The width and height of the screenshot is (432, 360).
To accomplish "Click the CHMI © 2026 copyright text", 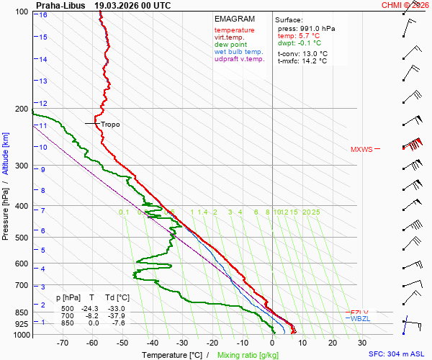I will pyautogui.click(x=405, y=4).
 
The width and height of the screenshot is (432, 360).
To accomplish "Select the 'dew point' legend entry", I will pyautogui.click(x=230, y=45).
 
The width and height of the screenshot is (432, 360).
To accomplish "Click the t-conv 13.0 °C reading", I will pyautogui.click(x=302, y=53).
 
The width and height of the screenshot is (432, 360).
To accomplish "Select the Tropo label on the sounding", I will pyautogui.click(x=110, y=125).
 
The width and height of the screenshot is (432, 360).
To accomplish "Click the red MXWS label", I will pyautogui.click(x=361, y=150).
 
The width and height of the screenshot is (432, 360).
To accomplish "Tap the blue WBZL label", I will pyautogui.click(x=359, y=318).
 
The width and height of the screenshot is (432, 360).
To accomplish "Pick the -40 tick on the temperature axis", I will pyautogui.click(x=152, y=343).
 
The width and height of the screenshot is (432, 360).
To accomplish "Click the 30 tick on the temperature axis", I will pyautogui.click(x=362, y=343).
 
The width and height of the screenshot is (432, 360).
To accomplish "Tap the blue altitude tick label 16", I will pyautogui.click(x=44, y=14).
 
